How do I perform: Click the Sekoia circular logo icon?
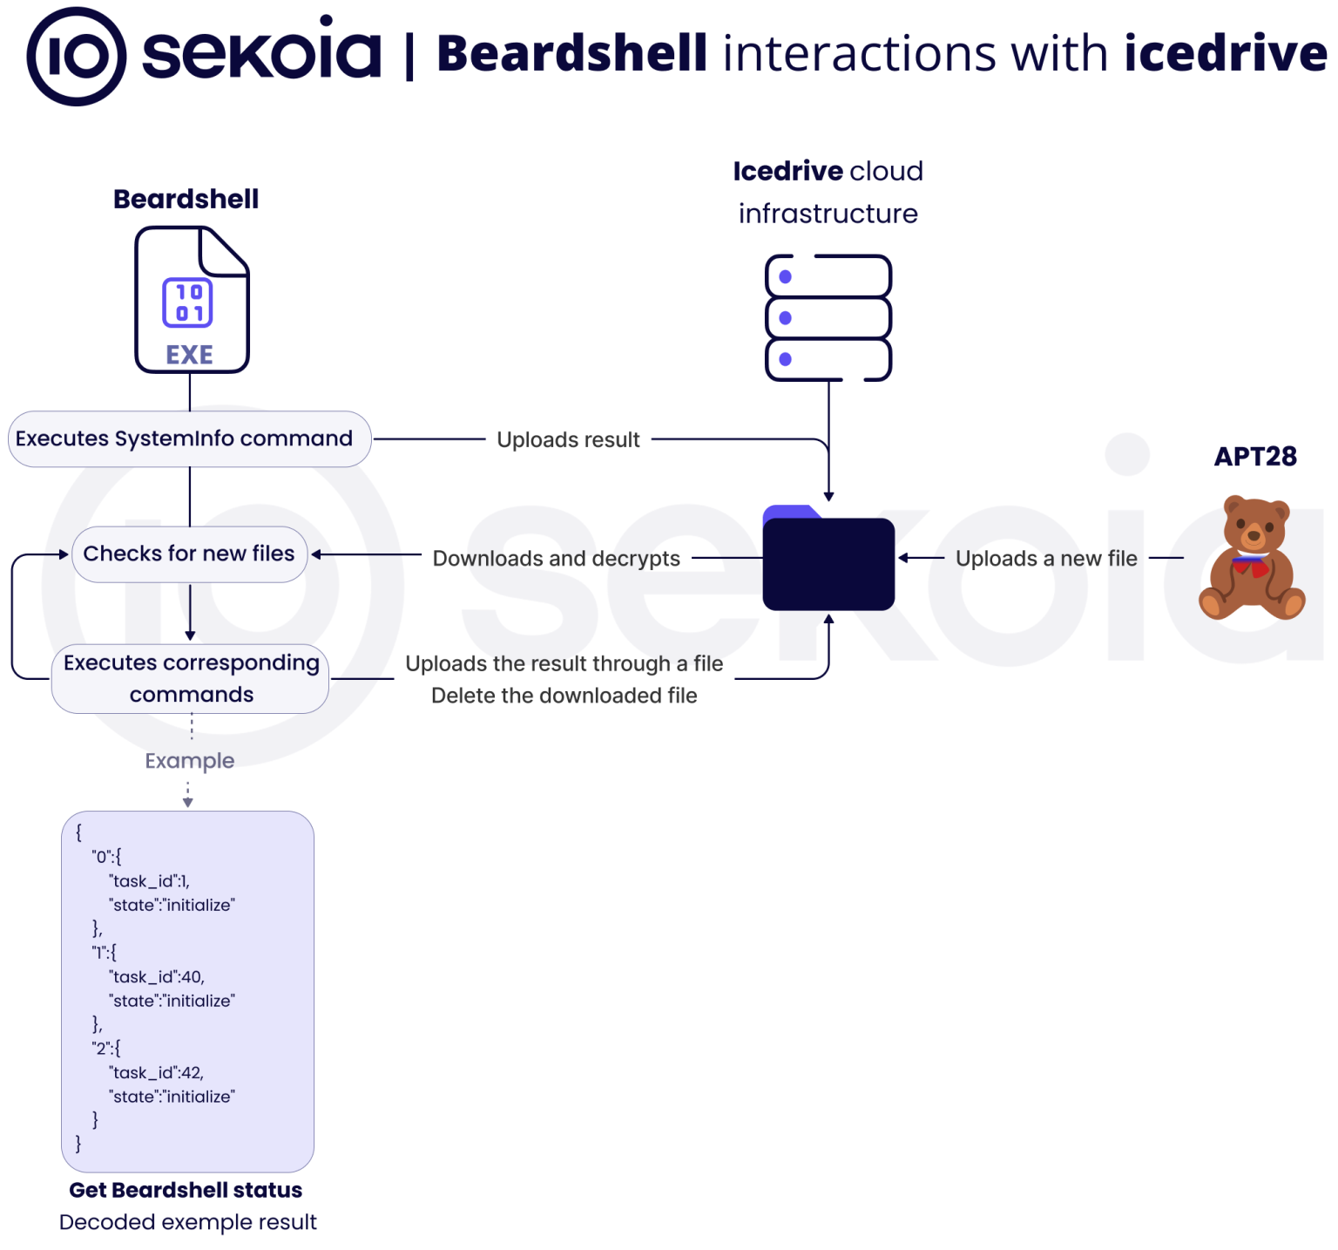click(76, 57)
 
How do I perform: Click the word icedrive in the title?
click(1225, 53)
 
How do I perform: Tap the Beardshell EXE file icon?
click(192, 300)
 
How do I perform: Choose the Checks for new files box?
click(189, 554)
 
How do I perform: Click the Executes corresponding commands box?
click(190, 678)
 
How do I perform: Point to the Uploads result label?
click(568, 439)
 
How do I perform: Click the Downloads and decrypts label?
click(556, 558)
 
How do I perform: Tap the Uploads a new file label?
click(1045, 558)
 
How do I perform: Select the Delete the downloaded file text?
click(564, 696)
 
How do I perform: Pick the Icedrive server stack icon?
click(828, 317)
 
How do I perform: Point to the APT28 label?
click(1255, 456)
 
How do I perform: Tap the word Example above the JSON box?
click(189, 760)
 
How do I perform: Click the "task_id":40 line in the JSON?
click(157, 976)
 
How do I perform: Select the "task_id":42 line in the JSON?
click(157, 1072)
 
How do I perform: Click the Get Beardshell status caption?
click(186, 1190)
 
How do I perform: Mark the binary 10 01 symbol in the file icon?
click(188, 302)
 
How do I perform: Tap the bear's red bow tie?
click(1251, 567)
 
